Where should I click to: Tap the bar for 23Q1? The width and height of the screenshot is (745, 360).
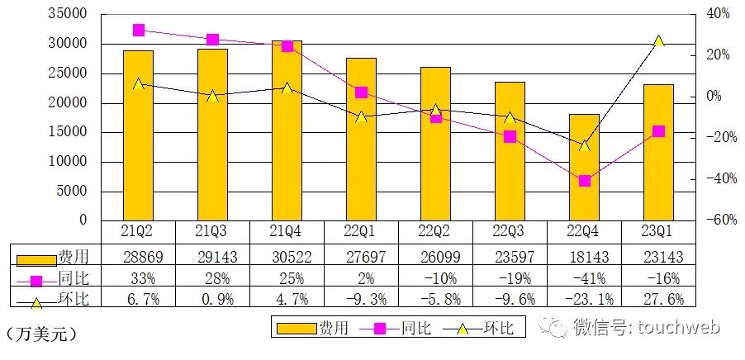pos(658,152)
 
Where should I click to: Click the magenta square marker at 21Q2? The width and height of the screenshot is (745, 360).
pos(138,31)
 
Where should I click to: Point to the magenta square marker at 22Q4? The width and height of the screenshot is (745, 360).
pos(584,181)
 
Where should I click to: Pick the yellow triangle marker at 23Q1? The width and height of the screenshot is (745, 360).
pos(658,40)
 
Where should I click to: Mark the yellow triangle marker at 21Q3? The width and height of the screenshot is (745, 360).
pos(212,96)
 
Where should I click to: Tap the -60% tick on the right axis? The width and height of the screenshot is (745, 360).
pos(716,220)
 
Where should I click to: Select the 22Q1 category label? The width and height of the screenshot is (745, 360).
pos(361,231)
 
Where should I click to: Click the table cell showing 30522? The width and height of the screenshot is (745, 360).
pos(287,255)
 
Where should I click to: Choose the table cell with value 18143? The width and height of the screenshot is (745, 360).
pos(584,255)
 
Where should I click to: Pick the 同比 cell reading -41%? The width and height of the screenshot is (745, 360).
pos(584,277)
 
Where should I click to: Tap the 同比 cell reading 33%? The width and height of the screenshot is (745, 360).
pos(138,277)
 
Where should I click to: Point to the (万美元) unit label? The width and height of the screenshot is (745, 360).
pos(40,334)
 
